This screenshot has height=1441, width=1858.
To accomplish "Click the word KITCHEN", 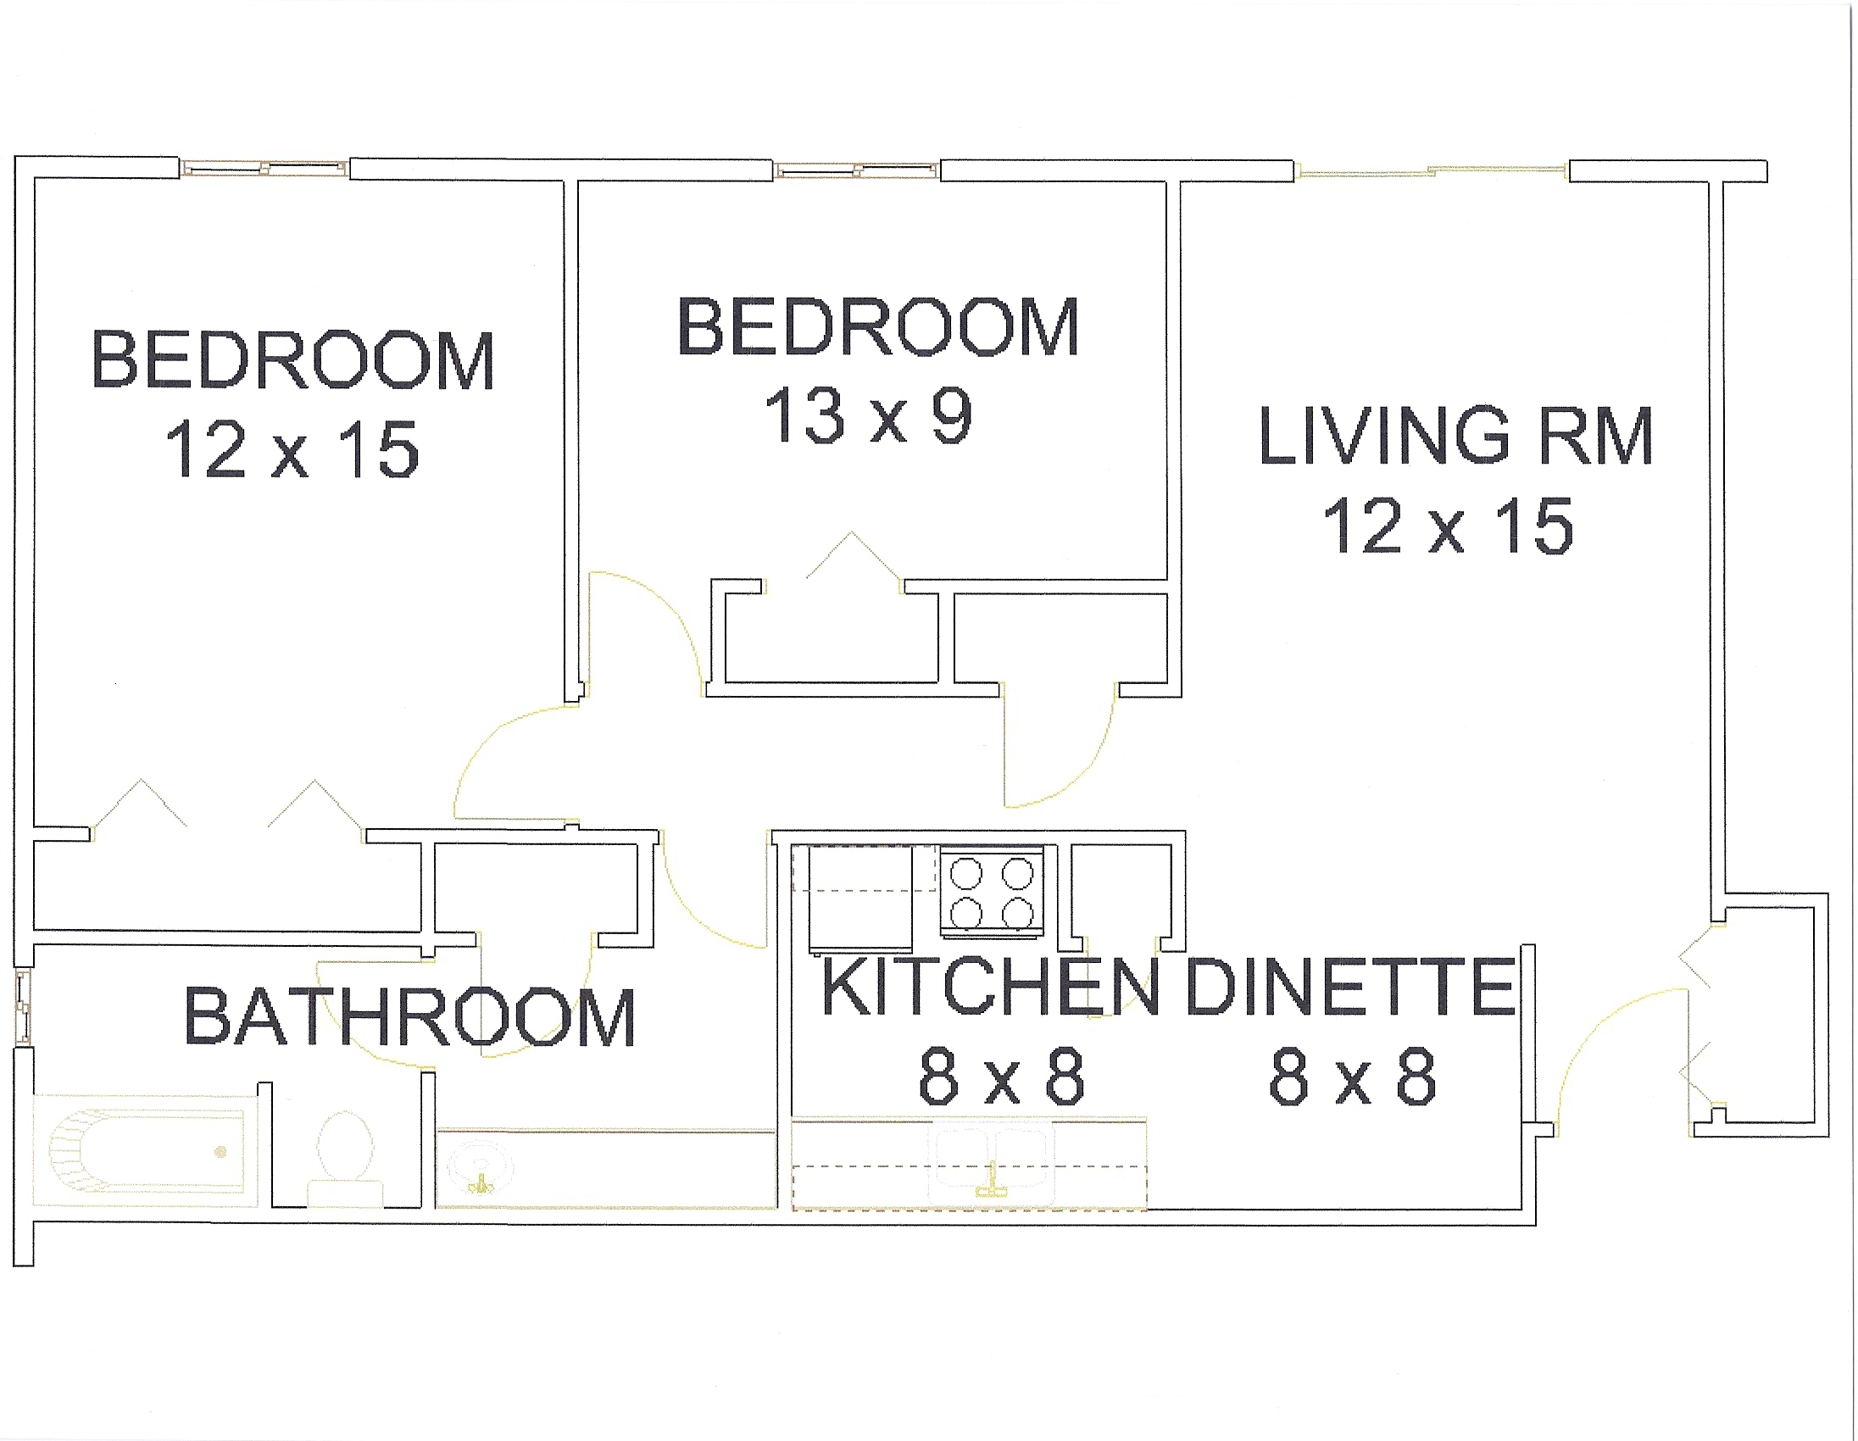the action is click(990, 986).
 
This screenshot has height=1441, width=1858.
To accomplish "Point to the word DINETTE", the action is click(1350, 986).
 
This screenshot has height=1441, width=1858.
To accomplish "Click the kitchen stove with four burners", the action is click(993, 892).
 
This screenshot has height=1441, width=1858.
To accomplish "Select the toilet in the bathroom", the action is click(344, 1158).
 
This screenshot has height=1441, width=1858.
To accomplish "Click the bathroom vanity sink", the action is click(481, 1167).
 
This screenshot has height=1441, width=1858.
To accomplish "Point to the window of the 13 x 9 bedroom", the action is click(858, 170).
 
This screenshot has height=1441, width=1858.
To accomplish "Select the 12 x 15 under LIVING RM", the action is click(1448, 526).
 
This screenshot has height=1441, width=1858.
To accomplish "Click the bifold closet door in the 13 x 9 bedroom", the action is click(852, 554).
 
